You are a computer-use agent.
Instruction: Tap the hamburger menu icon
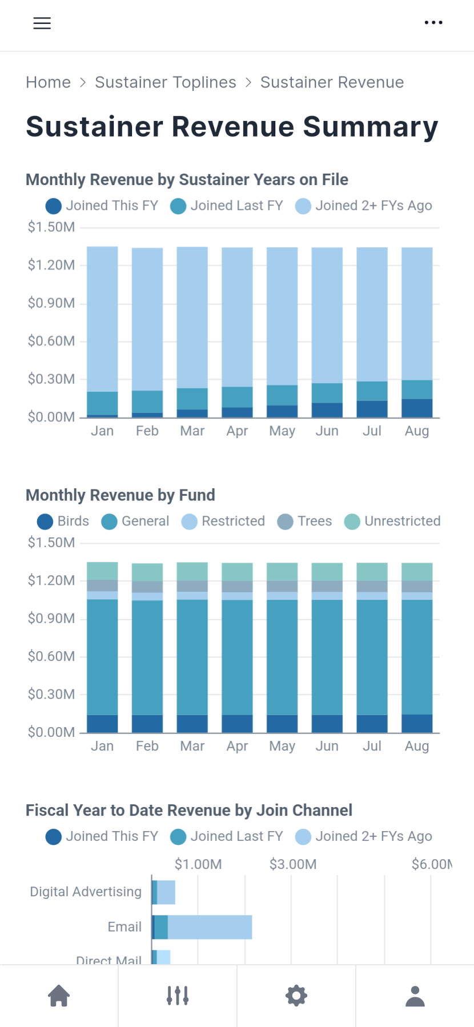pyautogui.click(x=42, y=23)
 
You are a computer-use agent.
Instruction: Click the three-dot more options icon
pyautogui.click(x=433, y=23)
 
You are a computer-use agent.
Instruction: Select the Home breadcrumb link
pyautogui.click(x=48, y=82)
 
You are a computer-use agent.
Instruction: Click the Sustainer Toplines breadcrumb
pyautogui.click(x=165, y=82)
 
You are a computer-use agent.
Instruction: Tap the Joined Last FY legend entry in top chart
pyautogui.click(x=227, y=206)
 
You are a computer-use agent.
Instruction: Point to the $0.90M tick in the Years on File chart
pyautogui.click(x=51, y=303)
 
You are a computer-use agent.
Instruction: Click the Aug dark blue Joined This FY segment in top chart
pyautogui.click(x=417, y=408)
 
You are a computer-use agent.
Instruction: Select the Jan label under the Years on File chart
pyautogui.click(x=102, y=431)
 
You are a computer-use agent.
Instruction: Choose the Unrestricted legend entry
pyautogui.click(x=392, y=521)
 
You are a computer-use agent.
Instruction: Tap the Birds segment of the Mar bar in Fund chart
pyautogui.click(x=192, y=723)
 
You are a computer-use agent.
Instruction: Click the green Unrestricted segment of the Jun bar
pyautogui.click(x=327, y=571)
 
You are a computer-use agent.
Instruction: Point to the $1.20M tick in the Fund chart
pyautogui.click(x=51, y=580)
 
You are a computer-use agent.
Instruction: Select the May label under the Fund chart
pyautogui.click(x=282, y=746)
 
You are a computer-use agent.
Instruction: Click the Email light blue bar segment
pyautogui.click(x=210, y=927)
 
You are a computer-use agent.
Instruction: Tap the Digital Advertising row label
pyautogui.click(x=86, y=892)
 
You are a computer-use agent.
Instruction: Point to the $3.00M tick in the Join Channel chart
pyautogui.click(x=293, y=864)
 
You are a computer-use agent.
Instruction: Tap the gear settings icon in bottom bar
pyautogui.click(x=296, y=996)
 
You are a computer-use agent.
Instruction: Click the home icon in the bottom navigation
pyautogui.click(x=59, y=996)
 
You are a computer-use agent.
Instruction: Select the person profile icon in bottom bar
pyautogui.click(x=415, y=996)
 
